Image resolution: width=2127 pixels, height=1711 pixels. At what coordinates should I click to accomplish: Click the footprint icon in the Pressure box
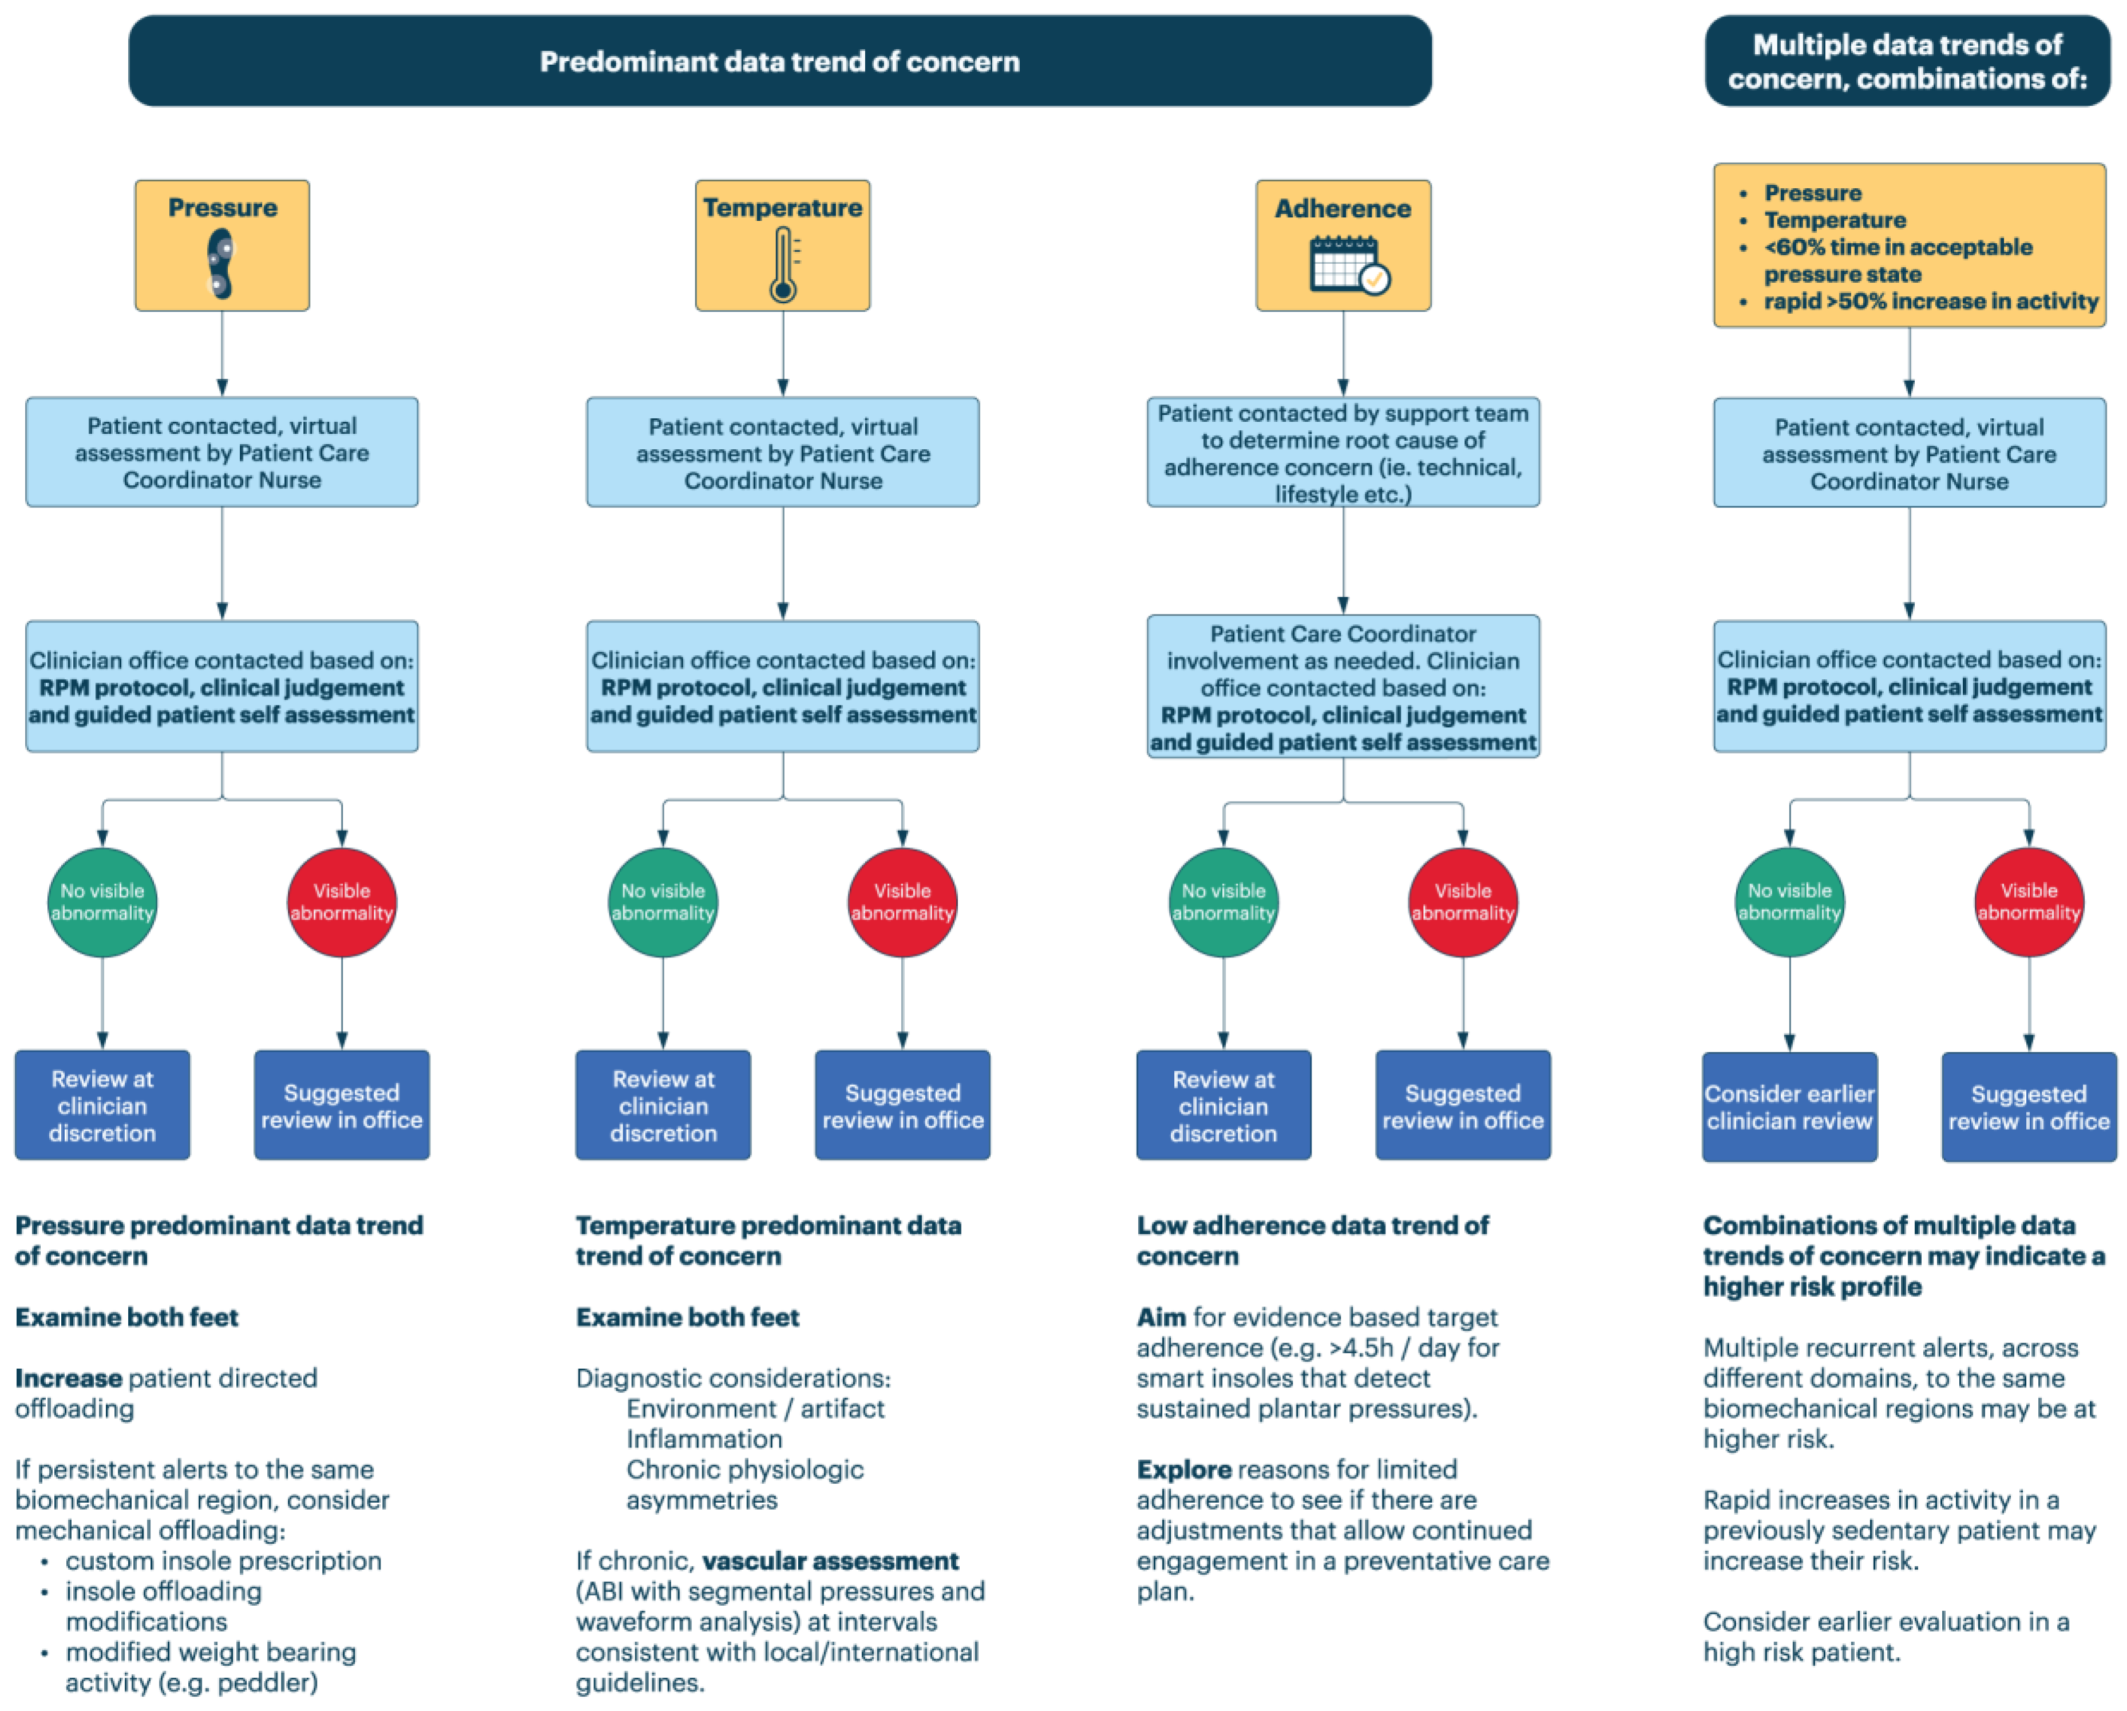click(220, 263)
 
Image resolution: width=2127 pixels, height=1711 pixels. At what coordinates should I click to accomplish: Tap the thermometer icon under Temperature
click(783, 264)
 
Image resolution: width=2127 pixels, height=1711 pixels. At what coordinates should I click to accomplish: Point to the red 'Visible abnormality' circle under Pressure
click(342, 902)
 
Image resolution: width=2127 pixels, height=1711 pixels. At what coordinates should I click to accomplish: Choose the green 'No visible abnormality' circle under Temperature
click(663, 902)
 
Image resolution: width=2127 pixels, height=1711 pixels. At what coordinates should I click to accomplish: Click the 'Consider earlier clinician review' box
click(1789, 1107)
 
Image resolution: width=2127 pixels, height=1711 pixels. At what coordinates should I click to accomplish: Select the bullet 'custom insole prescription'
click(223, 1561)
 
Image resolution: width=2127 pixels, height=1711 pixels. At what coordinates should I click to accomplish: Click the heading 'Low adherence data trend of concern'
click(1312, 1240)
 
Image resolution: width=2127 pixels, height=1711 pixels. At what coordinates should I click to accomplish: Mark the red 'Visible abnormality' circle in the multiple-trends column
click(2029, 902)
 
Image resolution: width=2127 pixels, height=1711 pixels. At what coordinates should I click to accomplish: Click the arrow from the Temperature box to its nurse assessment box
click(783, 353)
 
